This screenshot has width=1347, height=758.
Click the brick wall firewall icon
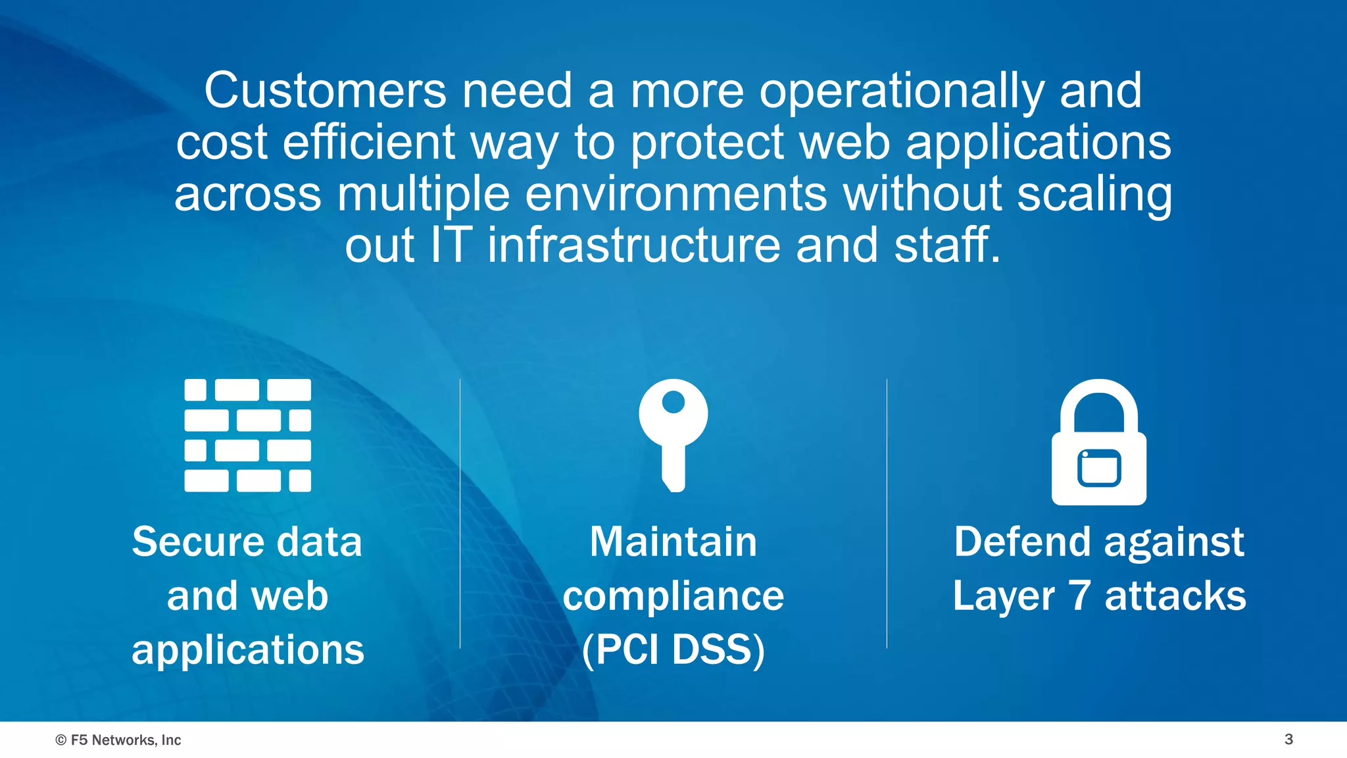click(x=247, y=435)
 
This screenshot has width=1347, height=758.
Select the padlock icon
click(x=1098, y=442)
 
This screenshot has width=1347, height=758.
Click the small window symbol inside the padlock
click(x=1098, y=468)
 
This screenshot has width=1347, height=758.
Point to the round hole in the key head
click(x=673, y=402)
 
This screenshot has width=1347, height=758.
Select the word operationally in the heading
click(x=901, y=92)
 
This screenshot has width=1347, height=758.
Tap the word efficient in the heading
click(x=369, y=142)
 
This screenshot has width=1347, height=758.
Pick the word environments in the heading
click(x=675, y=194)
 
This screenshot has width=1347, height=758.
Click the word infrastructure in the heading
click(x=634, y=245)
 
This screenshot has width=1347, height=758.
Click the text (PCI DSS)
click(x=673, y=649)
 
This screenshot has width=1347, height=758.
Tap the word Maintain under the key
click(x=673, y=542)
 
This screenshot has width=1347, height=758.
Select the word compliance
click(x=673, y=597)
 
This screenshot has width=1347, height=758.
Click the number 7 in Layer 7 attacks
click(x=1079, y=595)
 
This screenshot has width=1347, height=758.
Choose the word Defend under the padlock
click(x=1023, y=542)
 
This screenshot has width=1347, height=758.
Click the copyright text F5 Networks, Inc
click(x=118, y=740)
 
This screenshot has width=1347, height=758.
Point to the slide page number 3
click(x=1288, y=739)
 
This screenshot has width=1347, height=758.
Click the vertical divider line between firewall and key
click(x=460, y=513)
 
